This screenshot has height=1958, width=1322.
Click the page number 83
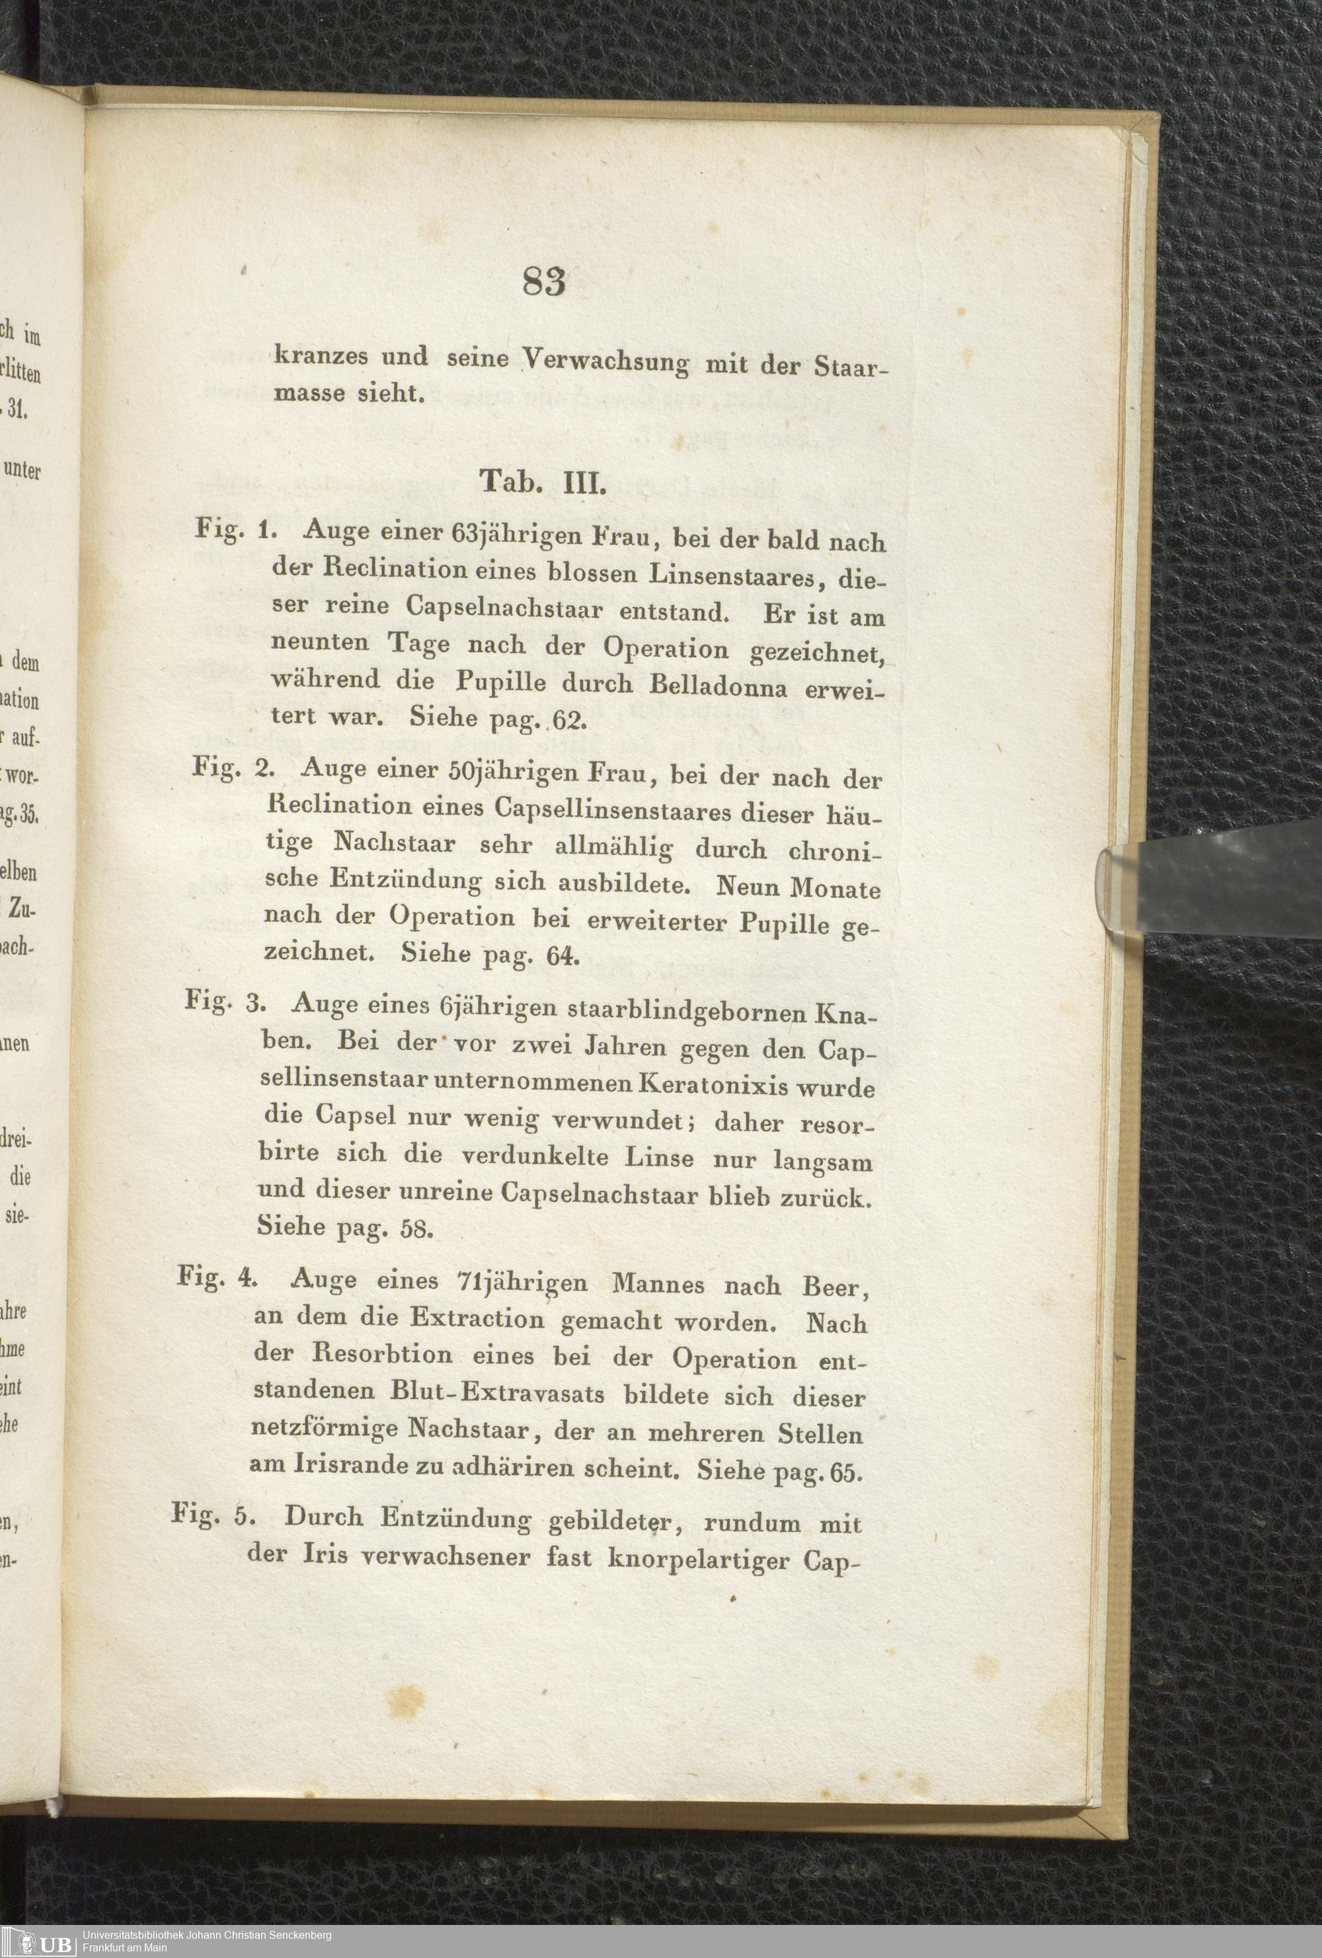pyautogui.click(x=543, y=282)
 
